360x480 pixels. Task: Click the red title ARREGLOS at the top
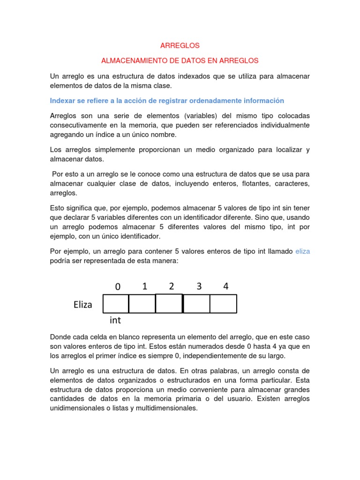pos(180,45)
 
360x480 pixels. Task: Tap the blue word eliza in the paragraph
pos(302,251)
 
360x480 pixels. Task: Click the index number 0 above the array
pos(118,286)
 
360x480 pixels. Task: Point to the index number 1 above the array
pos(145,286)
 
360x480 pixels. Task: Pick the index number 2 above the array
pos(172,286)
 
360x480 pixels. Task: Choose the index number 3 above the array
pos(199,286)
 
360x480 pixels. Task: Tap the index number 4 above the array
pos(225,286)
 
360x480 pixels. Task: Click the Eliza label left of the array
pos(83,305)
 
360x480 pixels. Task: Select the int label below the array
pos(115,321)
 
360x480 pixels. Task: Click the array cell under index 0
pos(116,304)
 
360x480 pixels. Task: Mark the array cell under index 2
pos(169,303)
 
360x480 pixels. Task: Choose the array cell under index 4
pos(224,304)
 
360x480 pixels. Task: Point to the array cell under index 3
pos(196,304)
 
